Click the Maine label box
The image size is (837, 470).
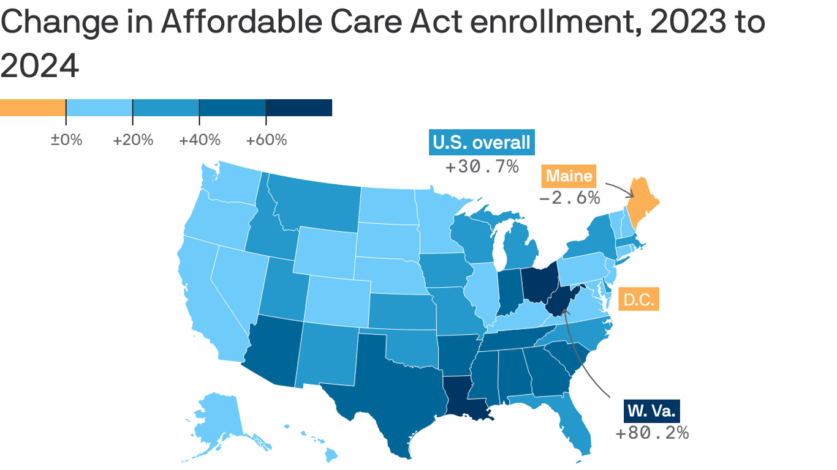pos(569,176)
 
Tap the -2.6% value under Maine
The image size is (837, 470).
pos(569,198)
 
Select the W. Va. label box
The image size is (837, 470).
pos(652,410)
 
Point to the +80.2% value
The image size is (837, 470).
pos(652,433)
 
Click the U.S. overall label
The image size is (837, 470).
pos(481,143)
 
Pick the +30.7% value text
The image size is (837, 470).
pos(482,166)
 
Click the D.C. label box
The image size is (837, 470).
pos(638,300)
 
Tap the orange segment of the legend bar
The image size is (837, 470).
pos(32,108)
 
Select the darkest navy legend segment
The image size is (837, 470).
pos(299,108)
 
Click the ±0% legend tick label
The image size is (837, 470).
pos(66,140)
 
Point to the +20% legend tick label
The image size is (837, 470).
pos(133,140)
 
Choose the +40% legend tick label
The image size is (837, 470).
pos(200,140)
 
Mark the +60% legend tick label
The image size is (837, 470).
pos(267,140)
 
